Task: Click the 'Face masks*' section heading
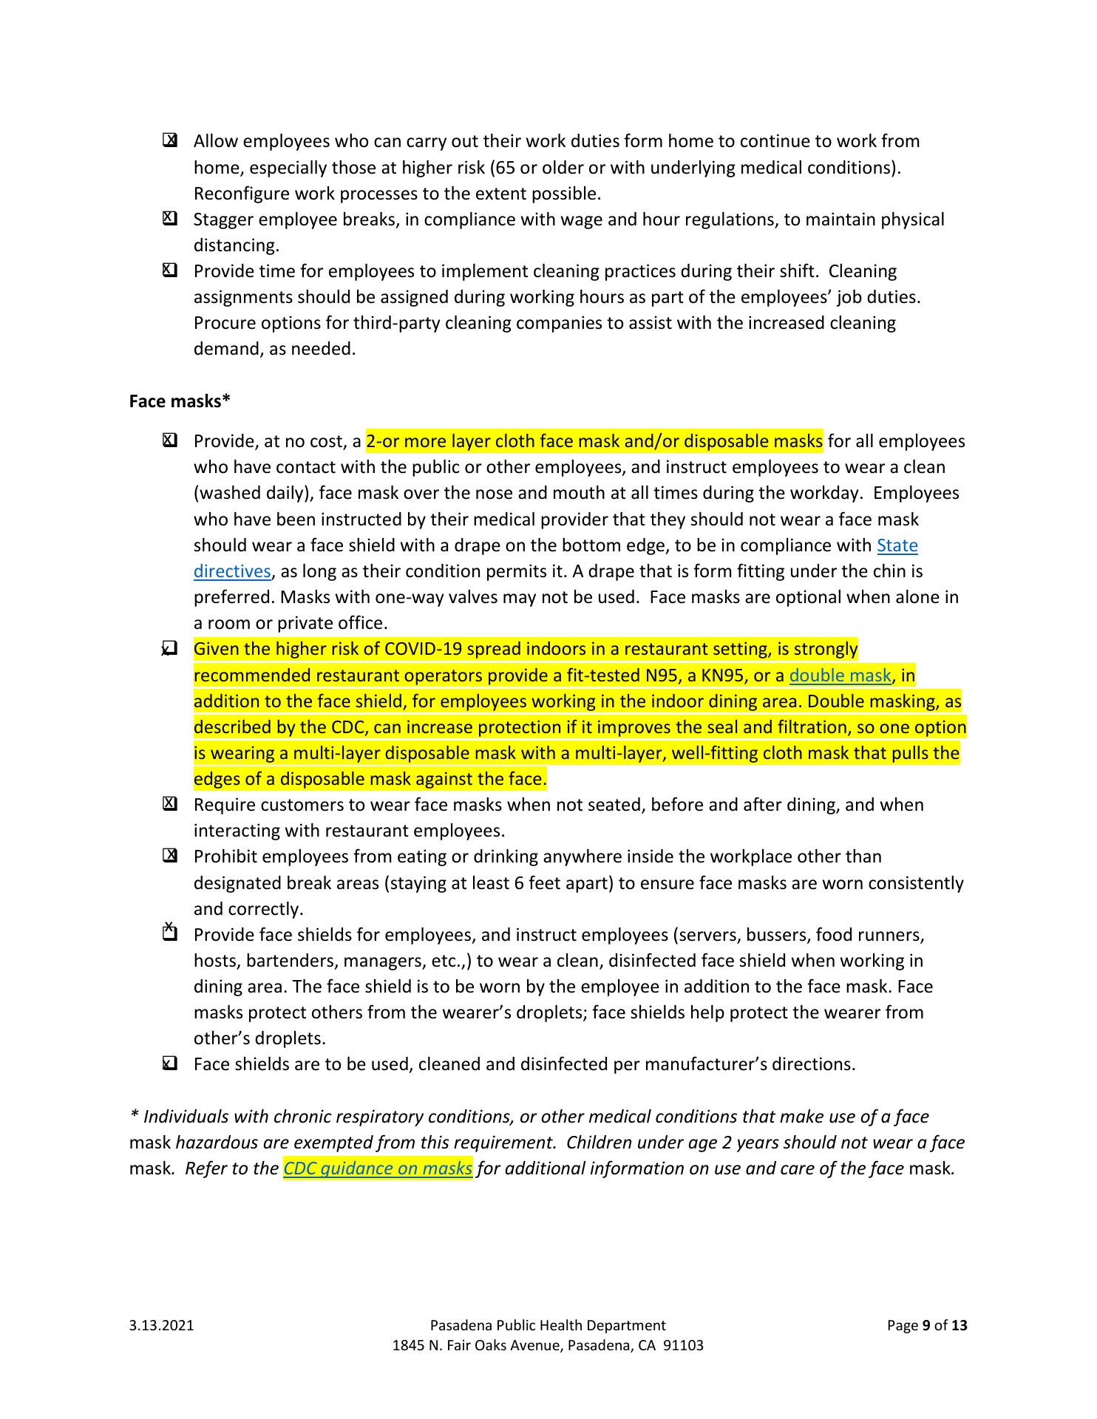pyautogui.click(x=180, y=401)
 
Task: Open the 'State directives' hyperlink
pyautogui.click(x=897, y=545)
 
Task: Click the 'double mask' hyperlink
pyautogui.click(x=840, y=676)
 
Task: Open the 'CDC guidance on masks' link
pyautogui.click(x=378, y=1168)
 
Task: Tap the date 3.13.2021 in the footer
pyautogui.click(x=161, y=1325)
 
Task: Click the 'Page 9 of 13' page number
pyautogui.click(x=926, y=1325)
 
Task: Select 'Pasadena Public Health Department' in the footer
pyautogui.click(x=547, y=1325)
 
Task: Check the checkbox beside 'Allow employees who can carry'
pyautogui.click(x=170, y=140)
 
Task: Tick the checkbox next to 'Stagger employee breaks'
pyautogui.click(x=170, y=219)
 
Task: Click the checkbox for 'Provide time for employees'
pyautogui.click(x=170, y=270)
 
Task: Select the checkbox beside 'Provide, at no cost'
pyautogui.click(x=170, y=440)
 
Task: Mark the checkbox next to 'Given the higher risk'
pyautogui.click(x=170, y=649)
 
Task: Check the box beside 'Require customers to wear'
pyautogui.click(x=170, y=804)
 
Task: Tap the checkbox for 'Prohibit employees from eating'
pyautogui.click(x=170, y=856)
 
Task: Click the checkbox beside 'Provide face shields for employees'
pyautogui.click(x=170, y=933)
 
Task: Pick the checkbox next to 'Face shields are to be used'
pyautogui.click(x=170, y=1064)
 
